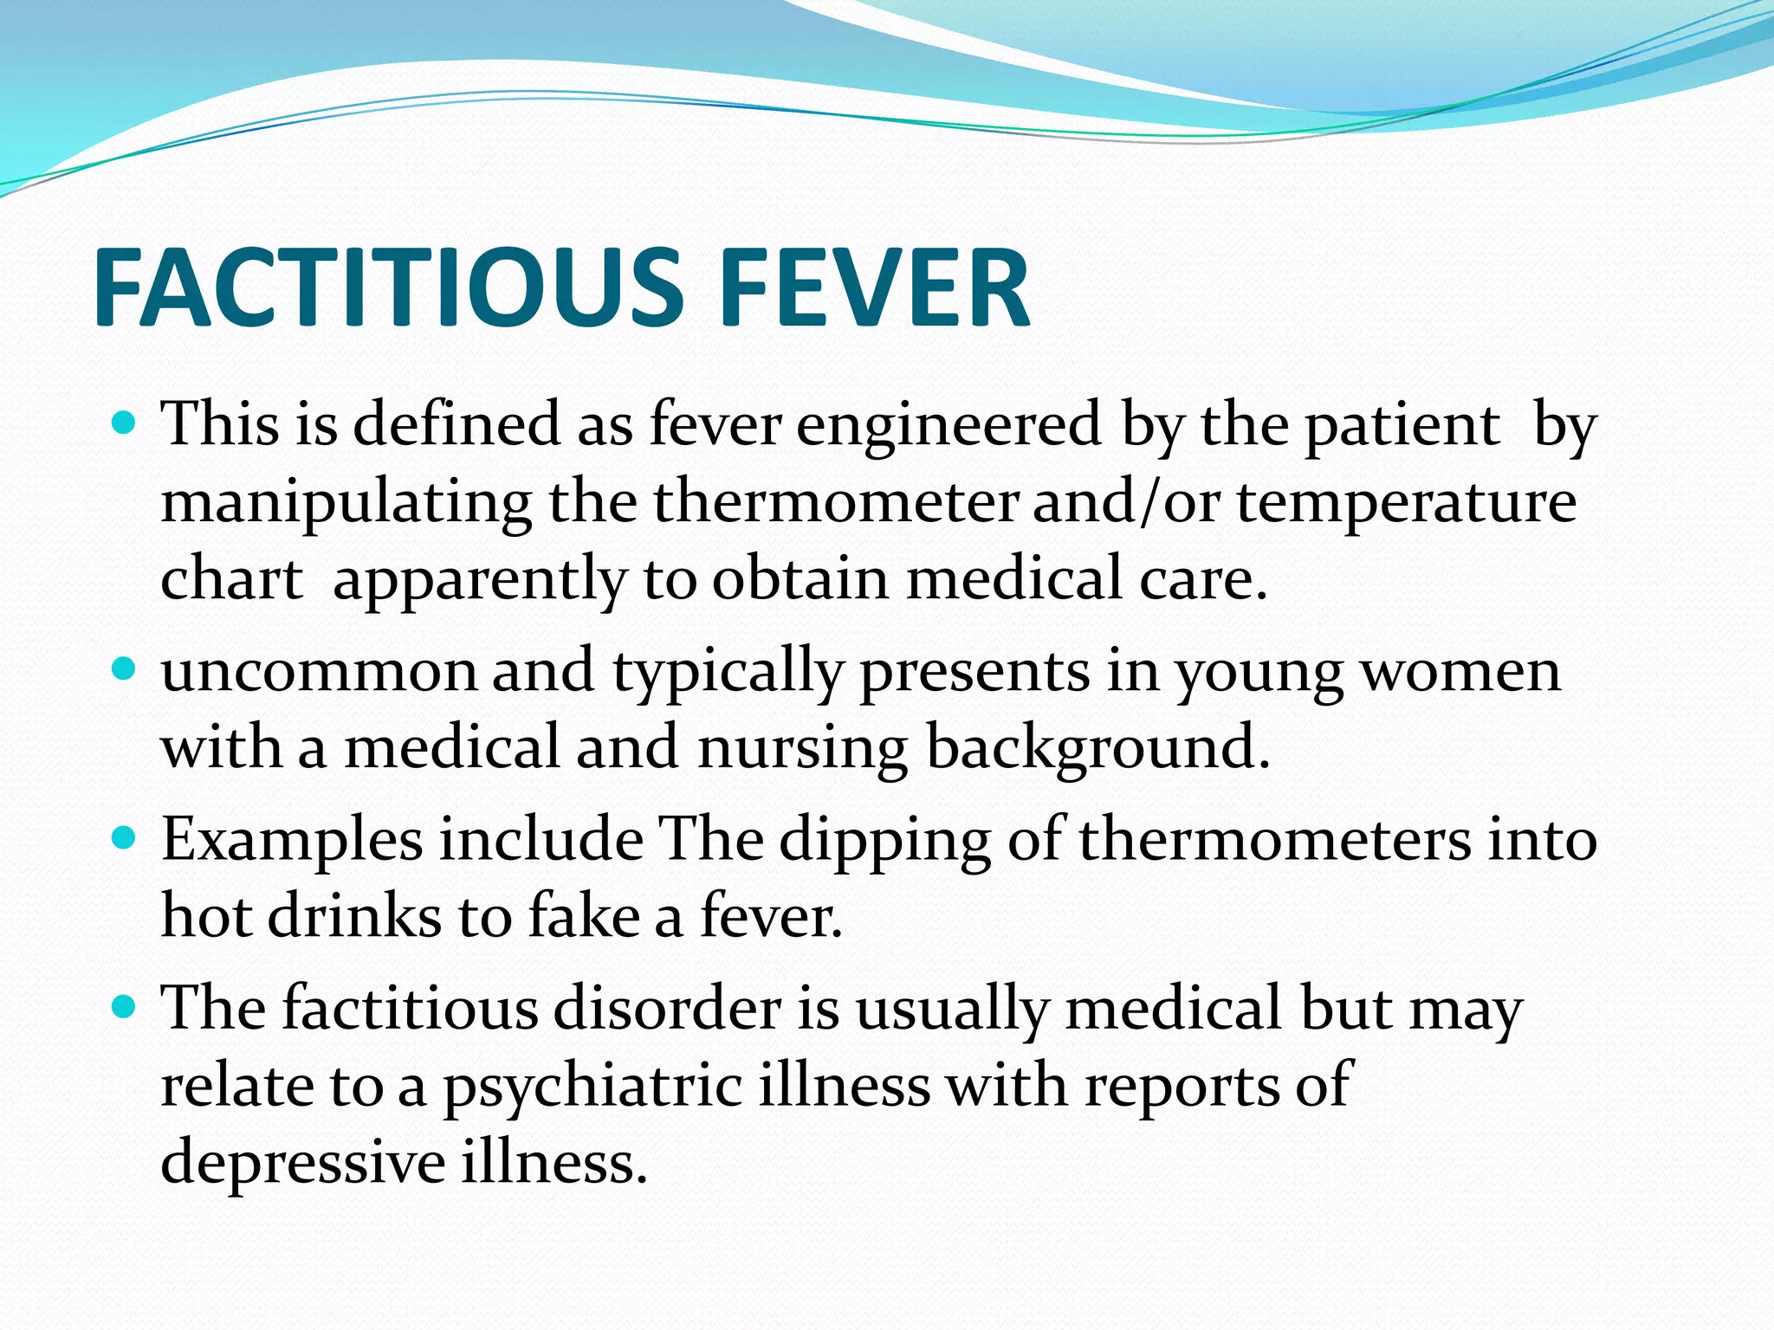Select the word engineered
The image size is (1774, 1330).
pyautogui.click(x=949, y=425)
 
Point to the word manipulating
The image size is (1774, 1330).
pyautogui.click(x=346, y=503)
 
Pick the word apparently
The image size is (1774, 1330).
pyautogui.click(x=479, y=579)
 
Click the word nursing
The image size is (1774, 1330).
pyautogui.click(x=802, y=747)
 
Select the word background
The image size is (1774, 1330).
pyautogui.click(x=1097, y=747)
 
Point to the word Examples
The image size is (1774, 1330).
pyautogui.click(x=292, y=839)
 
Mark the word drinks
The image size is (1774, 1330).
pyautogui.click(x=354, y=915)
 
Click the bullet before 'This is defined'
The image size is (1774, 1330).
pyautogui.click(x=125, y=424)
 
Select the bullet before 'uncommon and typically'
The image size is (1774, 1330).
pyautogui.click(x=125, y=670)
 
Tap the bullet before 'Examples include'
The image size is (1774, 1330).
pyautogui.click(x=125, y=838)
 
